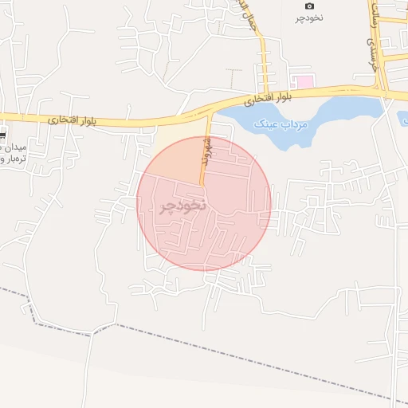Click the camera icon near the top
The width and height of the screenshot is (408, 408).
(310, 6)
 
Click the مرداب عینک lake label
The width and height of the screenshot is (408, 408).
(278, 125)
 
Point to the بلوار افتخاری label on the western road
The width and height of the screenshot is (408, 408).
(71, 120)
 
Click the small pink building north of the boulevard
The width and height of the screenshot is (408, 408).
(304, 81)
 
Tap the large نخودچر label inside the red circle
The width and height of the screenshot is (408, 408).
(182, 205)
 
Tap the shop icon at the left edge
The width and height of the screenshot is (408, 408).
(2, 135)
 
